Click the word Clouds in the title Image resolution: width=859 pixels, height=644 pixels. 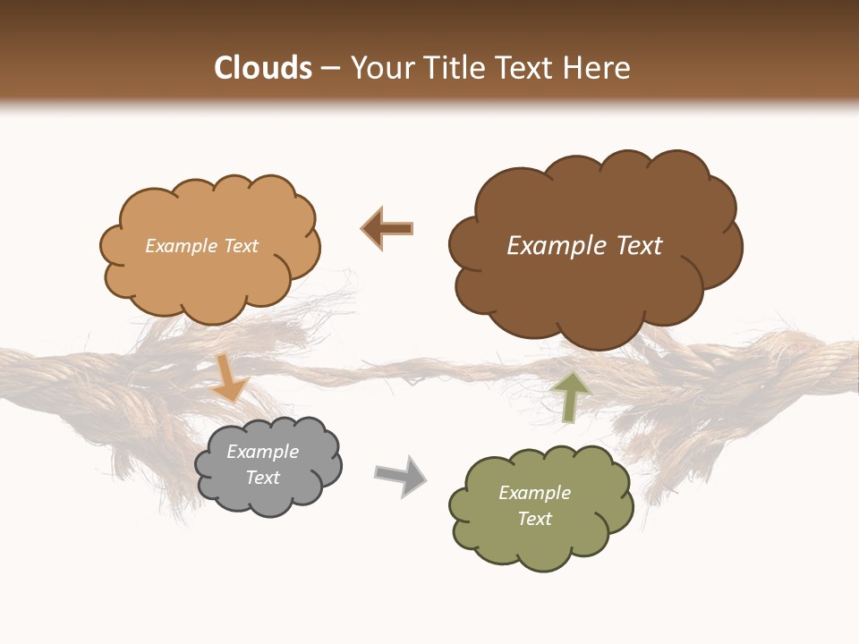[263, 68]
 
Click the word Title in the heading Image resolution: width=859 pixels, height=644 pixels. [452, 68]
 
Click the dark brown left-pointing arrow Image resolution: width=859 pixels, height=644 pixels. [387, 228]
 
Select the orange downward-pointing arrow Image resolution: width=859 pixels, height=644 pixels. [230, 377]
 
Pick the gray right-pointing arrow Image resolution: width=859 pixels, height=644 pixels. [400, 475]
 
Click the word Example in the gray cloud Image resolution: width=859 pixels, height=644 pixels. [262, 452]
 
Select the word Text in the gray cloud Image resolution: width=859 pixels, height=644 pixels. [262, 478]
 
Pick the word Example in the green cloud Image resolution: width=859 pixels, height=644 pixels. [534, 493]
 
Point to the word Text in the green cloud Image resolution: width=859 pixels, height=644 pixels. [534, 519]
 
